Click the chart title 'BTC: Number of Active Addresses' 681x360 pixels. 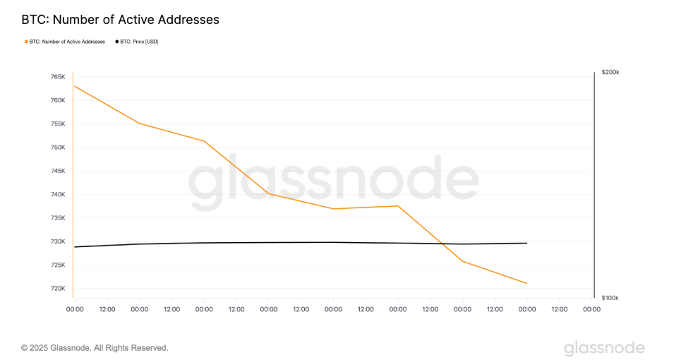click(x=120, y=20)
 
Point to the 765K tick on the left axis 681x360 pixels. click(x=57, y=76)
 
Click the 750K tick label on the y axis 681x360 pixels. click(x=57, y=148)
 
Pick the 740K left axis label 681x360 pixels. click(x=57, y=194)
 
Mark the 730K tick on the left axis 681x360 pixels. click(x=57, y=241)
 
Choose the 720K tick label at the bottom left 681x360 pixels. click(x=57, y=289)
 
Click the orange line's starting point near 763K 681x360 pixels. click(x=75, y=86)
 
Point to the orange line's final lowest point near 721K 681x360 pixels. click(x=526, y=283)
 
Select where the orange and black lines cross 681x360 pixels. click(x=443, y=244)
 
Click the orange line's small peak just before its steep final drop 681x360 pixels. click(x=398, y=205)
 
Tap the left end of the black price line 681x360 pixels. click(x=75, y=246)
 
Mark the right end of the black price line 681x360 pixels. click(x=526, y=243)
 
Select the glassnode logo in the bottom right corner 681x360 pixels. click(x=604, y=348)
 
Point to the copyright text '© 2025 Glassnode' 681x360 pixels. click(x=95, y=348)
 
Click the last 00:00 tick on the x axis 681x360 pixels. click(x=591, y=308)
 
